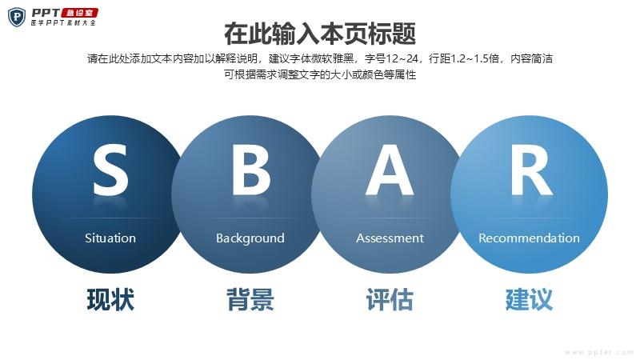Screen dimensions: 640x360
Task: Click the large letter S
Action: [x=110, y=170]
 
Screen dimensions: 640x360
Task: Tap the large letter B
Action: [x=251, y=170]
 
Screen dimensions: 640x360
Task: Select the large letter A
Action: [x=390, y=170]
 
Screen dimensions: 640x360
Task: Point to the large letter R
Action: [x=531, y=170]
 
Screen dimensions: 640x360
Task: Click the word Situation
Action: [x=110, y=238]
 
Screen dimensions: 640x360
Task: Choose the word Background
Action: [x=250, y=238]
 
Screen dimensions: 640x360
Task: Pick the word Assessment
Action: [x=390, y=238]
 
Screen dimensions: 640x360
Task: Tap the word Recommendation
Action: [x=529, y=238]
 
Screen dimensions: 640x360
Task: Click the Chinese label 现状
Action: [x=110, y=299]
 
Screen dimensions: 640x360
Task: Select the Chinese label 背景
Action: [x=250, y=299]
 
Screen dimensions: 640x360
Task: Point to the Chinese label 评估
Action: [x=390, y=299]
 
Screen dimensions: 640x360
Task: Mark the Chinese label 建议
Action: [x=529, y=299]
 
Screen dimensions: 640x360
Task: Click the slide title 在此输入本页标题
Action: [x=320, y=34]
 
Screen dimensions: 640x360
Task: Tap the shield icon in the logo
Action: [x=17, y=17]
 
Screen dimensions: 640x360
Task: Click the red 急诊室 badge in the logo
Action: [x=80, y=13]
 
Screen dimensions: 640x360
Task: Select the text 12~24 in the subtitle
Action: [x=402, y=58]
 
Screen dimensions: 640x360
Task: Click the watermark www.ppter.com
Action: [x=599, y=352]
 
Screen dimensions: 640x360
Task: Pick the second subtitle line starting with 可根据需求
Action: [x=320, y=74]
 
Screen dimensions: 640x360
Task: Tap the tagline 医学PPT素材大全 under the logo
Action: [x=63, y=23]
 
